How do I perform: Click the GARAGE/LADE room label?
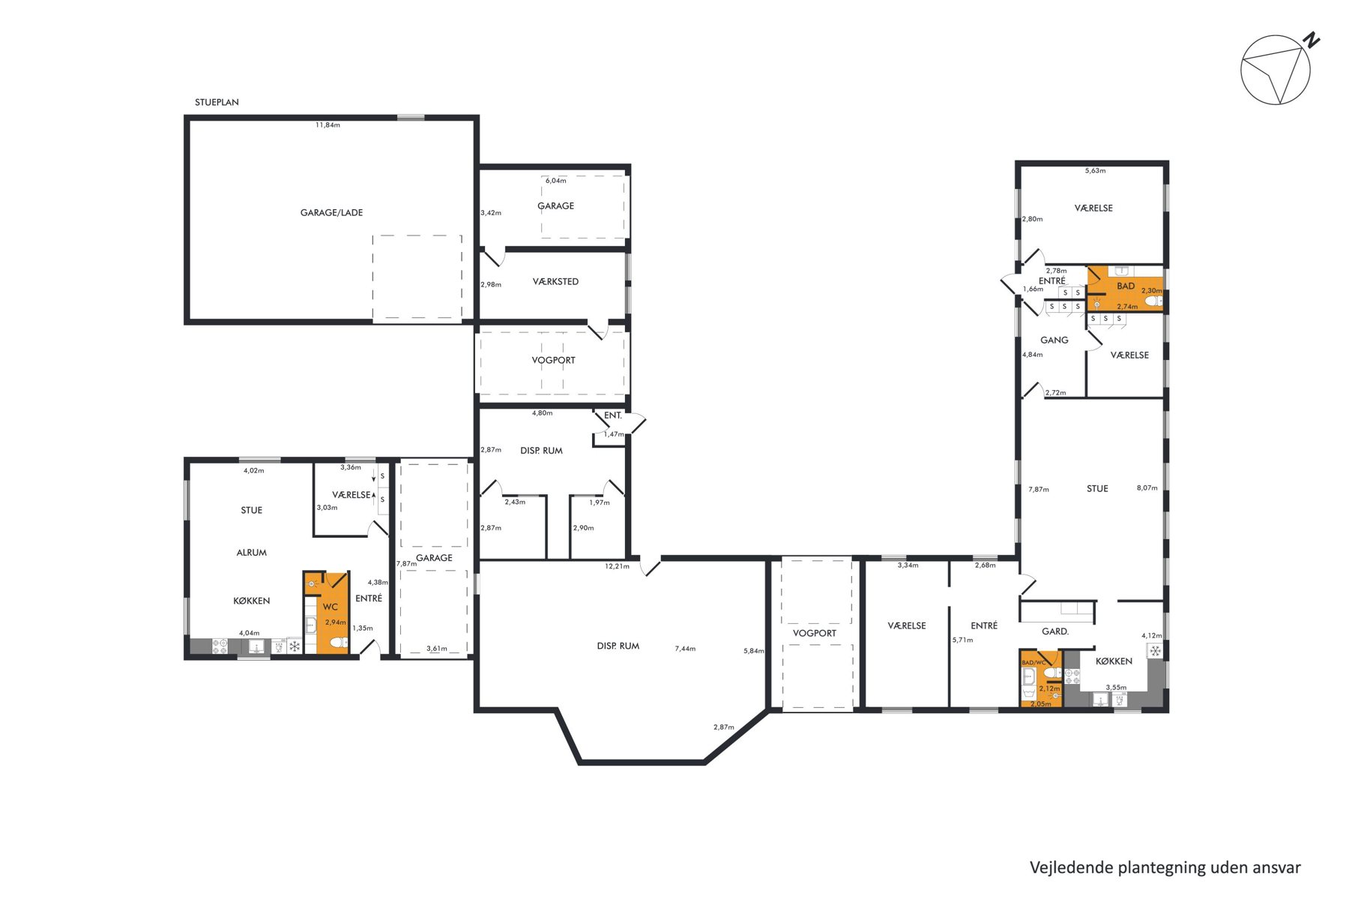[x=331, y=213]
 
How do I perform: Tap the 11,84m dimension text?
[x=328, y=125]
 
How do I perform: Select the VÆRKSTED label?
[x=555, y=282]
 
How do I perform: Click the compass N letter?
[x=1311, y=40]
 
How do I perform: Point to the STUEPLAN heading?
[x=217, y=102]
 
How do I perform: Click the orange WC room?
[x=327, y=613]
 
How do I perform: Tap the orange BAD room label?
[x=1126, y=286]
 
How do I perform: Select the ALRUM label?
[x=252, y=553]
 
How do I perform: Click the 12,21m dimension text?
[x=617, y=566]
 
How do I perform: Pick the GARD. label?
[x=1055, y=631]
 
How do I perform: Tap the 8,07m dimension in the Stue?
[x=1147, y=488]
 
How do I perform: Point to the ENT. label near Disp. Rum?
[x=613, y=415]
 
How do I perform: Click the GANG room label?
[x=1054, y=340]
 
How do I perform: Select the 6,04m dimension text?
[x=555, y=181]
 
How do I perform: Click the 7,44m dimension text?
[x=685, y=649]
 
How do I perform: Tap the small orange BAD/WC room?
[x=1041, y=679]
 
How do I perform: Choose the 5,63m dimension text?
[x=1095, y=171]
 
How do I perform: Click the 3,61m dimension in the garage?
[x=437, y=649]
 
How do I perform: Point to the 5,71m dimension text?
[x=962, y=640]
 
